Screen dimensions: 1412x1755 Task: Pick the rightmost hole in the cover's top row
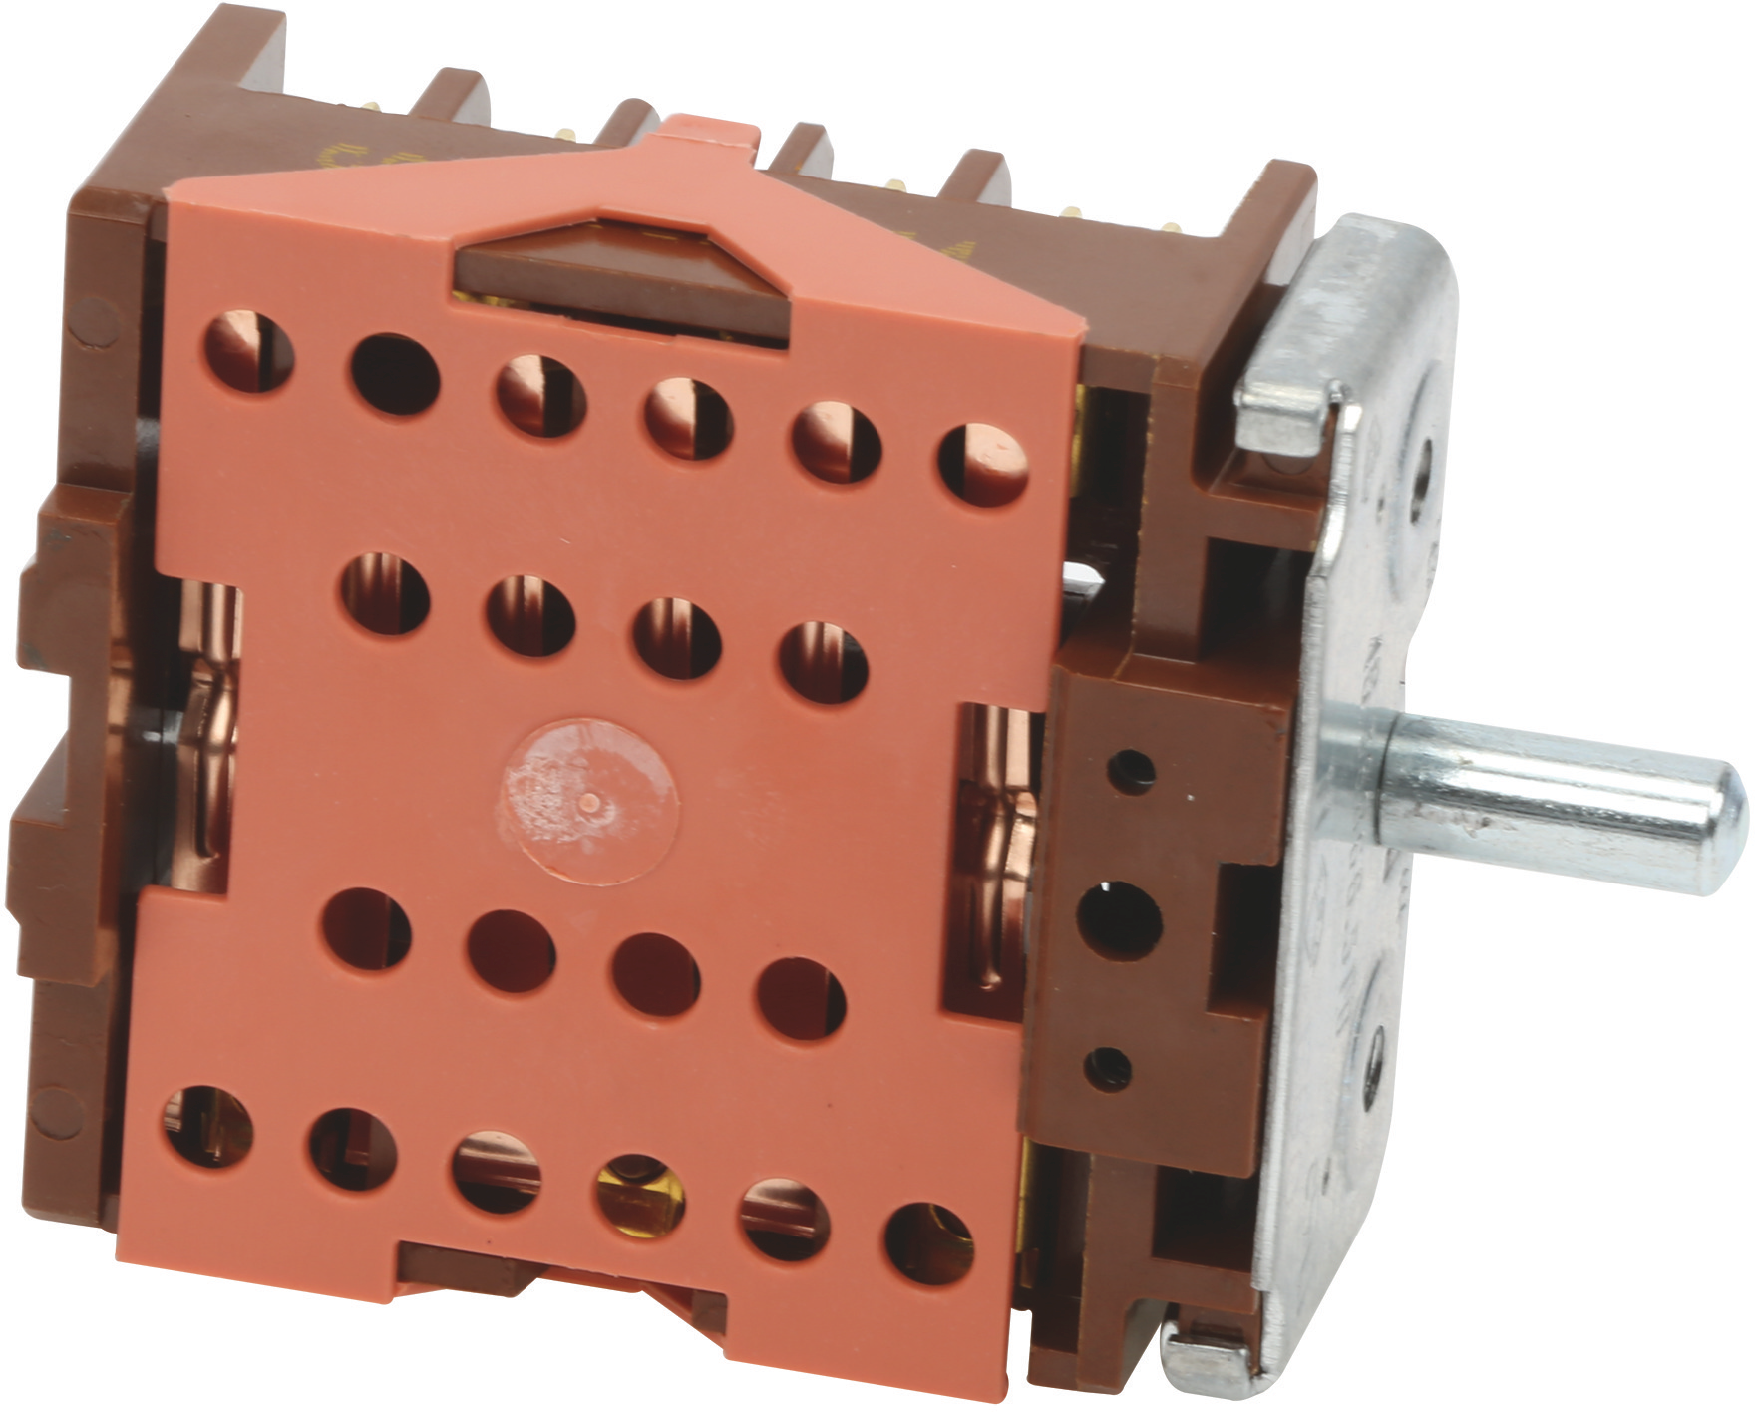[982, 465]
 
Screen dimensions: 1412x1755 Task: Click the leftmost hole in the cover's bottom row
[207, 1127]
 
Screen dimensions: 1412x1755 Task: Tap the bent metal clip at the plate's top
[1286, 415]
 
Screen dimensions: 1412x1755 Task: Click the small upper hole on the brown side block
[1131, 771]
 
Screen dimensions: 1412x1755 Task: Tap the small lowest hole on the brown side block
[1108, 1069]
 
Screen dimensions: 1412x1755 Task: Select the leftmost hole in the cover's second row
[385, 594]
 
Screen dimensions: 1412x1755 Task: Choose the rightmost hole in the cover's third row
[801, 999]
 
